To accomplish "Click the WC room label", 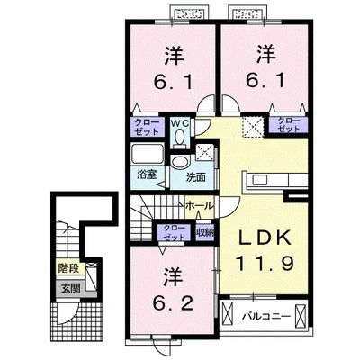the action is pyautogui.click(x=179, y=123).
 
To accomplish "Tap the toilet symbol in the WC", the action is pyautogui.click(x=180, y=139).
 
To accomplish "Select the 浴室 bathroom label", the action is pyautogui.click(x=147, y=175).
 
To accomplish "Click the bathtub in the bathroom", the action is pyautogui.click(x=148, y=154).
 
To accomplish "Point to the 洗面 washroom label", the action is pyautogui.click(x=196, y=177).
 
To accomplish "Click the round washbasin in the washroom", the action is pyautogui.click(x=179, y=163).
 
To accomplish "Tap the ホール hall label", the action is pyautogui.click(x=200, y=206).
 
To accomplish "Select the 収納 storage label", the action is pyautogui.click(x=205, y=232).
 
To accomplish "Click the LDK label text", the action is pyautogui.click(x=265, y=238).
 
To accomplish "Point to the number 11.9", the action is pyautogui.click(x=265, y=264).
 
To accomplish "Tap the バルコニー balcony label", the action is pyautogui.click(x=266, y=316).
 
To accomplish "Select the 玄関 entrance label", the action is pyautogui.click(x=71, y=289).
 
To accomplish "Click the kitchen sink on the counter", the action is pyautogui.click(x=260, y=180).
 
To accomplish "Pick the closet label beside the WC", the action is pyautogui.click(x=147, y=127).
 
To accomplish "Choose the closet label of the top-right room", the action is pyautogui.click(x=289, y=125).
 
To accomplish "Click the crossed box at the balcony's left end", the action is pyautogui.click(x=229, y=315).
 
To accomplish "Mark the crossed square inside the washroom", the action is pyautogui.click(x=205, y=150).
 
